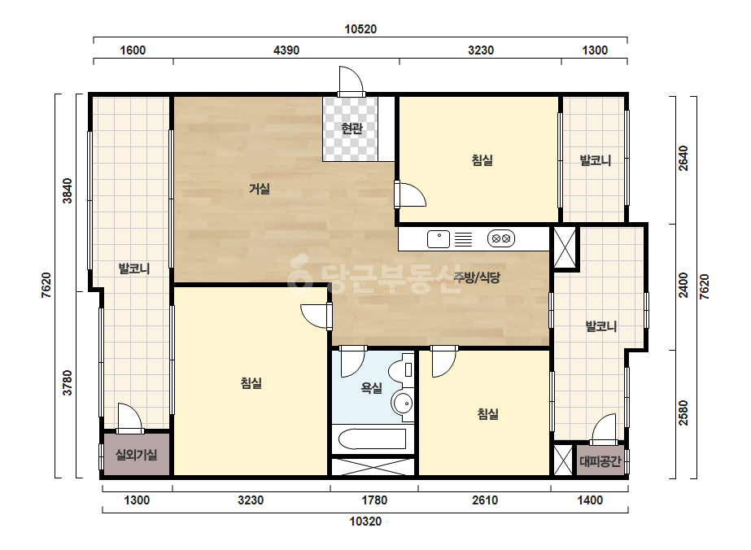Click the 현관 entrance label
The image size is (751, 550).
tap(351, 129)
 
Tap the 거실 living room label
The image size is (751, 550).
tap(259, 189)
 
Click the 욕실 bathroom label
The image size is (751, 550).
tap(371, 387)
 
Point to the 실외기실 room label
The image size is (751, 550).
tap(136, 454)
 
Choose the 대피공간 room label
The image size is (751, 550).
tap(600, 461)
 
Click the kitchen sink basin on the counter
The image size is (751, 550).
tap(439, 238)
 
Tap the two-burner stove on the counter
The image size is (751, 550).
tap(501, 238)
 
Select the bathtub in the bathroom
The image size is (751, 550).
tap(372, 439)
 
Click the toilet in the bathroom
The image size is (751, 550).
tap(401, 369)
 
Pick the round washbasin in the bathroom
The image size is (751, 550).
tap(403, 403)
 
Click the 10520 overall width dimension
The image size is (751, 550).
tap(360, 29)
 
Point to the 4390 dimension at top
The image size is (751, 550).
tap(286, 50)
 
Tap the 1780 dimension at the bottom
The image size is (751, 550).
tap(374, 500)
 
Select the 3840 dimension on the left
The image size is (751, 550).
tap(68, 190)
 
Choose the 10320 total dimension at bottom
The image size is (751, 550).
tap(365, 522)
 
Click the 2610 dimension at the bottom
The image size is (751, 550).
tap(485, 500)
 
